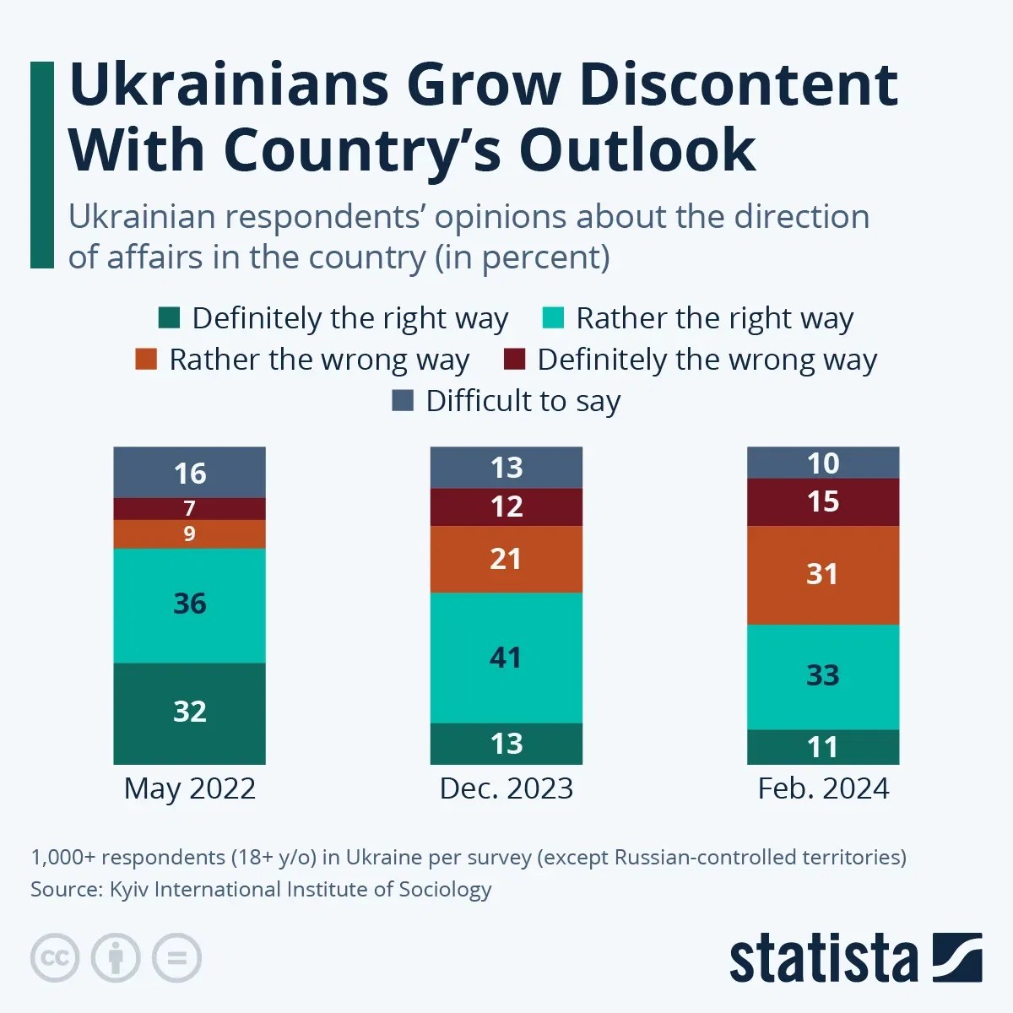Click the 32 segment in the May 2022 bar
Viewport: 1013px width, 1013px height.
(x=189, y=712)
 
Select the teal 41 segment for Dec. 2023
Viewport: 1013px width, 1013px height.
(x=506, y=658)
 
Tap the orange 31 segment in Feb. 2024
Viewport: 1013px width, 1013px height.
(x=822, y=575)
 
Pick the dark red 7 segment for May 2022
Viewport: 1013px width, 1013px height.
(x=189, y=508)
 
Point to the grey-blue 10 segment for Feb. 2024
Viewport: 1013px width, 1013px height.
(x=822, y=463)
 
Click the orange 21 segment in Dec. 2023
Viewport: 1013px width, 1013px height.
(x=506, y=559)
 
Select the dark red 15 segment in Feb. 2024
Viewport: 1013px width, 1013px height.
(x=822, y=501)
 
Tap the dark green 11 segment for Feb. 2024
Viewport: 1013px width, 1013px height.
(x=822, y=747)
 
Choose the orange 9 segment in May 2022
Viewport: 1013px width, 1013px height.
(x=189, y=534)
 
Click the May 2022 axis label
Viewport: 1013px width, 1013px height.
(x=189, y=788)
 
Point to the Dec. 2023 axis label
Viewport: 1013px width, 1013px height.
(x=506, y=788)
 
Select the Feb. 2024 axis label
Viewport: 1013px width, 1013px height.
(x=822, y=788)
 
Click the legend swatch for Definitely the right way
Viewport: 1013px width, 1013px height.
(x=169, y=318)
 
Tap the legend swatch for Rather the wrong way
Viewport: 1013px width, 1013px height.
(x=146, y=360)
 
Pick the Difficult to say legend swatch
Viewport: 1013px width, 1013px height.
(x=403, y=400)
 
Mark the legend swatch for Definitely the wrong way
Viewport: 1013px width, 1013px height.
(x=514, y=360)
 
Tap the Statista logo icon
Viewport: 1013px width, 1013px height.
(x=956, y=957)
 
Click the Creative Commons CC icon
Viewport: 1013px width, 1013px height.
(x=55, y=958)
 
